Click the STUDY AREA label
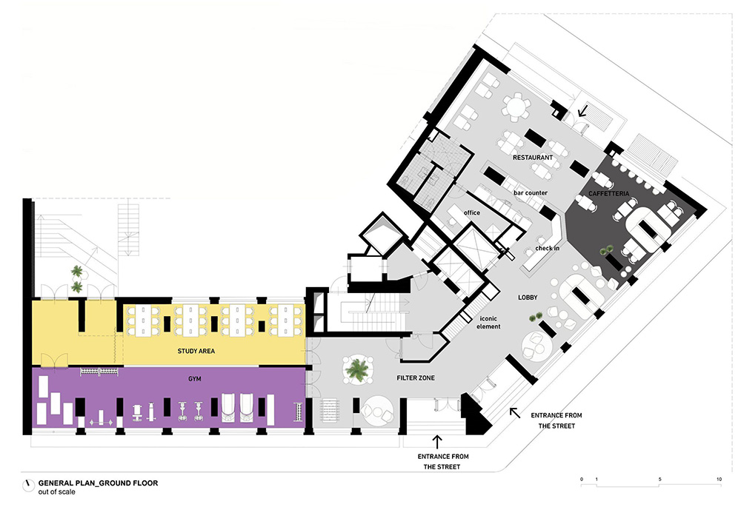[196, 352]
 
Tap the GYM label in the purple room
[195, 379]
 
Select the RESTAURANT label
[533, 157]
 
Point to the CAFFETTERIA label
[608, 193]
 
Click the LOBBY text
[528, 298]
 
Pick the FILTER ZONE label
[416, 377]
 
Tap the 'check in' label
[548, 248]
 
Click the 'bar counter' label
[531, 192]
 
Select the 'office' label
[471, 212]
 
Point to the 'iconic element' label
[488, 323]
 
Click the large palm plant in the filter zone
[357, 369]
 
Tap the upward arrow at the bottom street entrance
[437, 442]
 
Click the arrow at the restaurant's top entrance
[582, 111]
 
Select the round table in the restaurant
[516, 107]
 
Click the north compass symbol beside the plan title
[28, 486]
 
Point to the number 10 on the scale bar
[719, 479]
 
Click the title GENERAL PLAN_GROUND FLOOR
[99, 483]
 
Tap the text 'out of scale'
[57, 492]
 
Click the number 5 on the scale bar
[659, 479]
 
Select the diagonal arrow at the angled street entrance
[515, 413]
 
